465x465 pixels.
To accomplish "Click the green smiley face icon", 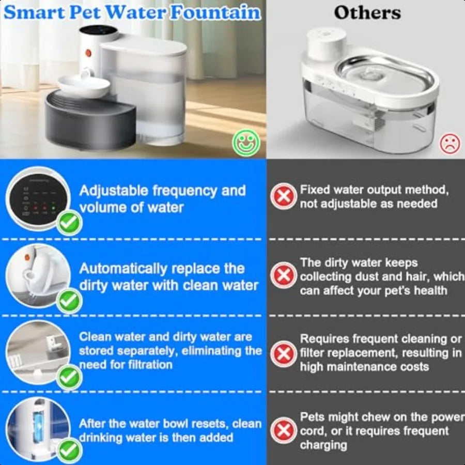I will point(246,142).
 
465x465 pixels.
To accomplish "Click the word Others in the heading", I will point(367,12).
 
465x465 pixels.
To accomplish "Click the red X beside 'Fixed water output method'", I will point(283,197).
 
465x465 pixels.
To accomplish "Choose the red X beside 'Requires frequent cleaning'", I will point(283,354).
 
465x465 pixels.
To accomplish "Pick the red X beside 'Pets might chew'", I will point(283,430).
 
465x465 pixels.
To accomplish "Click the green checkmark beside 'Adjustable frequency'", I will point(69,223).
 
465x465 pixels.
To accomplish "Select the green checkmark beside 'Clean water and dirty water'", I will point(69,378).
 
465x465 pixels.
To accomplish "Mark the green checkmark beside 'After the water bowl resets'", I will point(69,451).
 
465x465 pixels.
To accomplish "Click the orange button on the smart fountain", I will point(88,52).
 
